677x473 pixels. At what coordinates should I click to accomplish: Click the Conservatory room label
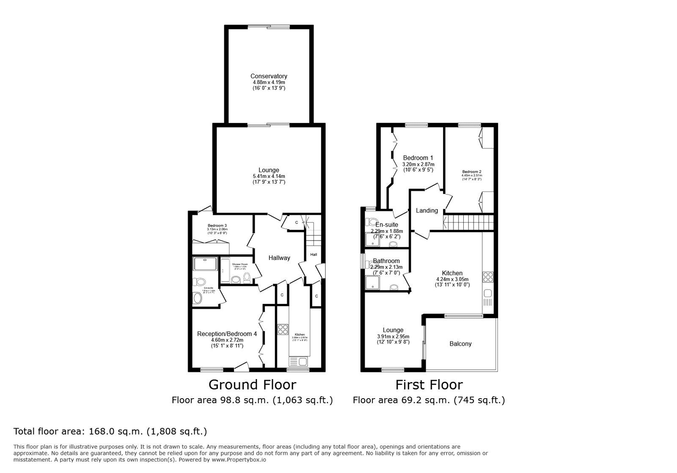269,77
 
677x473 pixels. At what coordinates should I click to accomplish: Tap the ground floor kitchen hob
283,329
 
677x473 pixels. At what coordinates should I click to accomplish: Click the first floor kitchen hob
487,277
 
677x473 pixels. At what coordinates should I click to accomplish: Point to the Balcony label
460,344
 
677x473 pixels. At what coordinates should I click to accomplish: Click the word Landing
427,211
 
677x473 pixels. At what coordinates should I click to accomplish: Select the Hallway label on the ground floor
279,258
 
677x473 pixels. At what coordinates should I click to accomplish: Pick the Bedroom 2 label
471,172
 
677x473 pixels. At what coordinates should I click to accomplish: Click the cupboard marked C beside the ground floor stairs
297,222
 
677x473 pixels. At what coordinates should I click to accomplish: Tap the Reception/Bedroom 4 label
227,334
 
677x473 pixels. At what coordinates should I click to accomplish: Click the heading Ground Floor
252,385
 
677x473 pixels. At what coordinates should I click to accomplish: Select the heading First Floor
429,385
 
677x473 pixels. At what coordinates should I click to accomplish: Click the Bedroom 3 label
217,225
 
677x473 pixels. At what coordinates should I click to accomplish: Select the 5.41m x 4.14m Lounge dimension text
269,176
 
